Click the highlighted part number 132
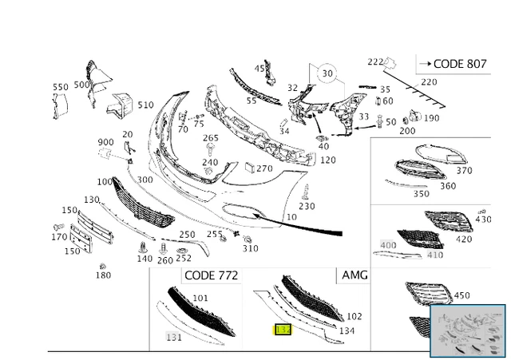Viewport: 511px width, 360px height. pyautogui.click(x=283, y=329)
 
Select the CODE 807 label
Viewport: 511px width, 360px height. pyautogui.click(x=453, y=63)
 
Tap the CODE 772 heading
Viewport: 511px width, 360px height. pyautogui.click(x=210, y=275)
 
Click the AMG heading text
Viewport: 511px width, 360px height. pyautogui.click(x=355, y=275)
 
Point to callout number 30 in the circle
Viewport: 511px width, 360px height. pyautogui.click(x=327, y=73)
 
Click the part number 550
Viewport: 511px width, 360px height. pyautogui.click(x=61, y=87)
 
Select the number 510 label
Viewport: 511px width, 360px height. pyautogui.click(x=145, y=105)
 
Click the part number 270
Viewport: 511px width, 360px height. pyautogui.click(x=264, y=168)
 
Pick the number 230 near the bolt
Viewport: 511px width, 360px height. pyautogui.click(x=307, y=206)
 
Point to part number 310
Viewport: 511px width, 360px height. pyautogui.click(x=251, y=248)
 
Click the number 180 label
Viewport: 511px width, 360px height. pyautogui.click(x=103, y=275)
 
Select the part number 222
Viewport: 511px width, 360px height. pyautogui.click(x=375, y=62)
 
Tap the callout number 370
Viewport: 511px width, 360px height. pyautogui.click(x=464, y=170)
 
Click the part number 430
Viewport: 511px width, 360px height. pyautogui.click(x=484, y=220)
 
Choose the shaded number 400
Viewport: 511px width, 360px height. pyautogui.click(x=388, y=245)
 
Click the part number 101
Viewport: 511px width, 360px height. pyautogui.click(x=200, y=298)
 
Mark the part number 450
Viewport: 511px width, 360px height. pyautogui.click(x=461, y=295)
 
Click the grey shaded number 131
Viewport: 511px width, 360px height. pyautogui.click(x=173, y=337)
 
